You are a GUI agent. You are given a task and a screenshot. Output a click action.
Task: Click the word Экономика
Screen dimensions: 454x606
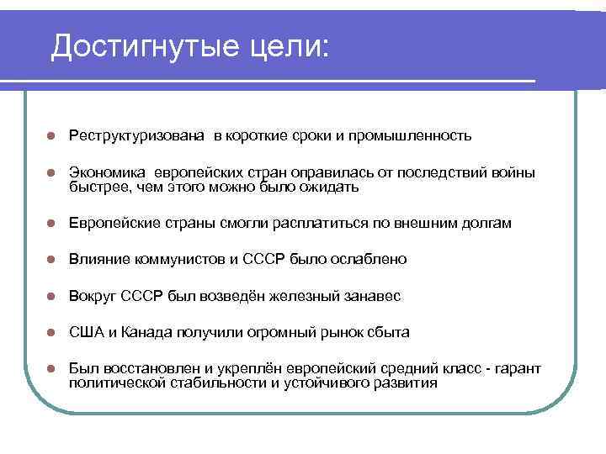[107, 173]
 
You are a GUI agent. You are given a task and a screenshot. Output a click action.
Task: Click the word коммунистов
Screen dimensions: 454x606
[173, 260]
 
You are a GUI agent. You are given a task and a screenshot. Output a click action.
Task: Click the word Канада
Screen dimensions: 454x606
[144, 332]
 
